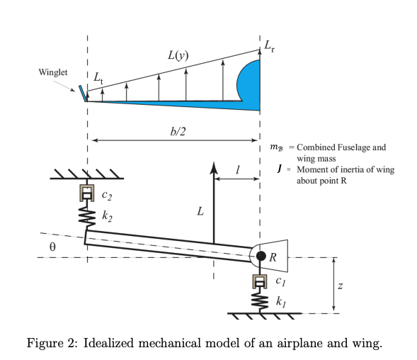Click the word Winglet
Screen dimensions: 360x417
[55, 73]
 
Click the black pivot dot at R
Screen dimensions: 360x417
[261, 255]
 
